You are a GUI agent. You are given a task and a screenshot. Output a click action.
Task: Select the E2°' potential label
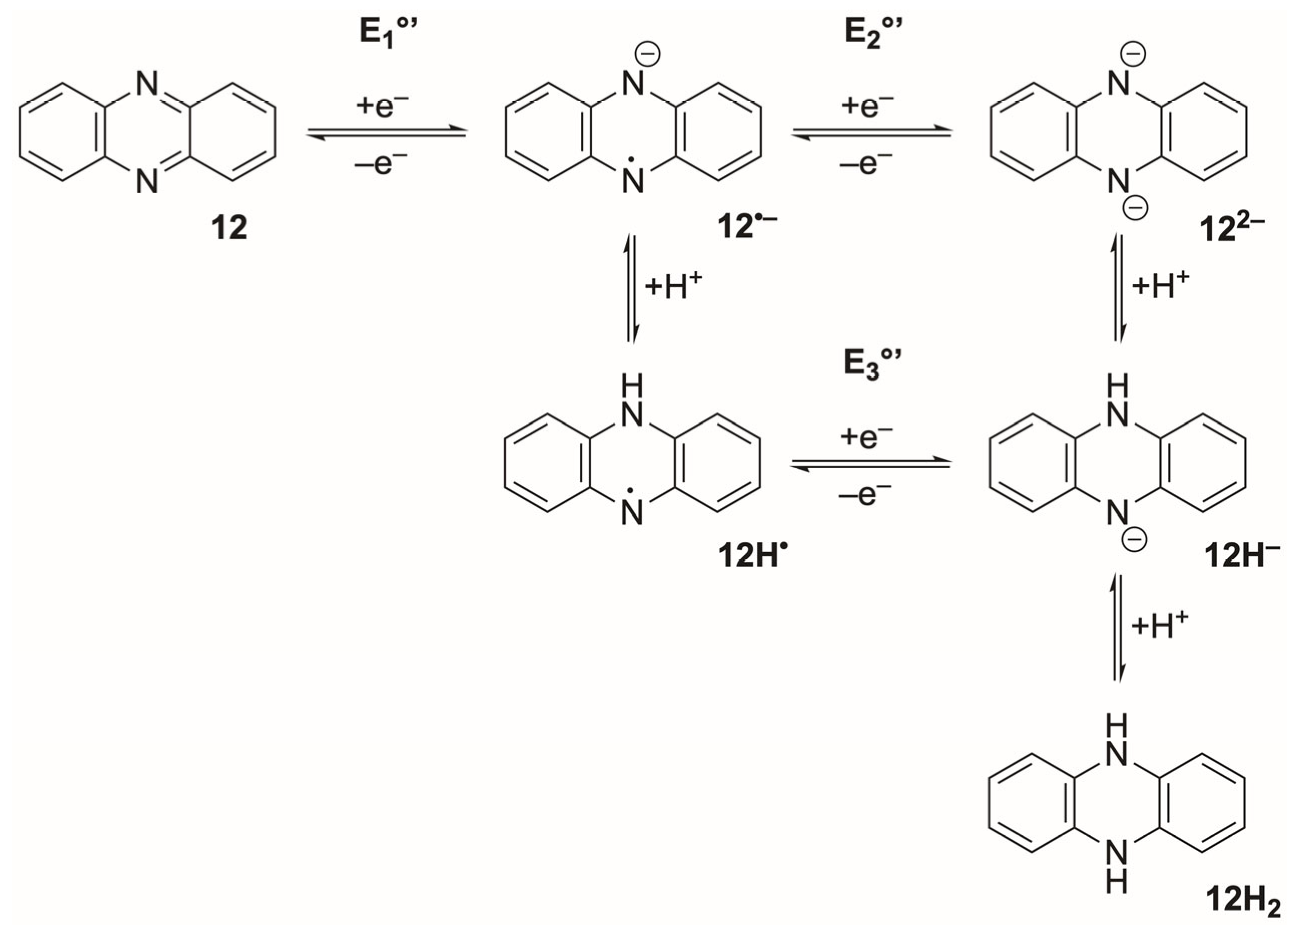873,35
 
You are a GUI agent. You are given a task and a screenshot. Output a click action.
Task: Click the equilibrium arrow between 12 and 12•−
387,132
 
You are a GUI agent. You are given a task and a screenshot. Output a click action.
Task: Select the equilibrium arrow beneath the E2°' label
871,132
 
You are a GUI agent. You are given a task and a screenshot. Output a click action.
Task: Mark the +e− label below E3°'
866,438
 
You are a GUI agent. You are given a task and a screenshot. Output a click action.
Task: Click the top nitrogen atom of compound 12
147,85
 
